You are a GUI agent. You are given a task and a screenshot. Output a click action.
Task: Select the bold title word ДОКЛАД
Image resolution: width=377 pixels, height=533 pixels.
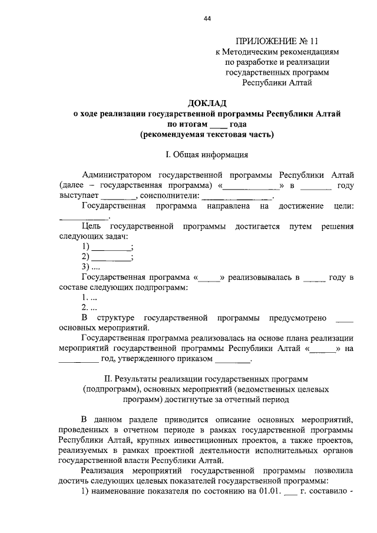[207, 103]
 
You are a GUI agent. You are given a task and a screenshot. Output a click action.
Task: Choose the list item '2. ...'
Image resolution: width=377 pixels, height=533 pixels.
[89, 307]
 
